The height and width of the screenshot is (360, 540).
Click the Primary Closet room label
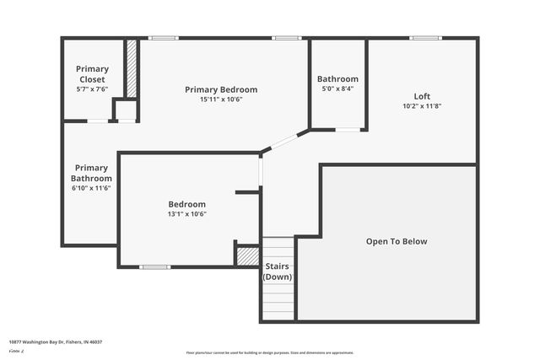coord(92,73)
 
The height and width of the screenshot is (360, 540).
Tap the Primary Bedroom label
coord(221,89)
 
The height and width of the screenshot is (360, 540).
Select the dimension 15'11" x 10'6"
coord(221,99)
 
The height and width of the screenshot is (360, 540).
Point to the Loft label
coord(422,96)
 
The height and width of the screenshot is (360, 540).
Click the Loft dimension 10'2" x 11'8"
coord(422,106)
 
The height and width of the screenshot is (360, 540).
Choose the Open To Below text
coord(397,241)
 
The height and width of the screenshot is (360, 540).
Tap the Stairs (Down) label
coord(278,271)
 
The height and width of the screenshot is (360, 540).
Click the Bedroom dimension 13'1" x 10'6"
coord(187,214)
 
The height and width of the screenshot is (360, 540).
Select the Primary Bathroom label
coord(91,173)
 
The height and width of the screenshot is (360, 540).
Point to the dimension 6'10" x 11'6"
coord(91,188)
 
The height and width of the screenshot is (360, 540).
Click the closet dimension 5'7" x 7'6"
coord(92,89)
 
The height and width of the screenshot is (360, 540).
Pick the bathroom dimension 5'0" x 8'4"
coord(337,89)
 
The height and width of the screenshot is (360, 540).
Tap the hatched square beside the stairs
coord(247,255)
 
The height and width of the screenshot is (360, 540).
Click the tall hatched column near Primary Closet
coord(132,68)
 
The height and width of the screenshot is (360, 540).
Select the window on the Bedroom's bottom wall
coord(154,267)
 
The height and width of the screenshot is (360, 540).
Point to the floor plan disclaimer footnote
coord(270,352)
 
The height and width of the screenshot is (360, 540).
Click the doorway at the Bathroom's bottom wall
coord(347,129)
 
